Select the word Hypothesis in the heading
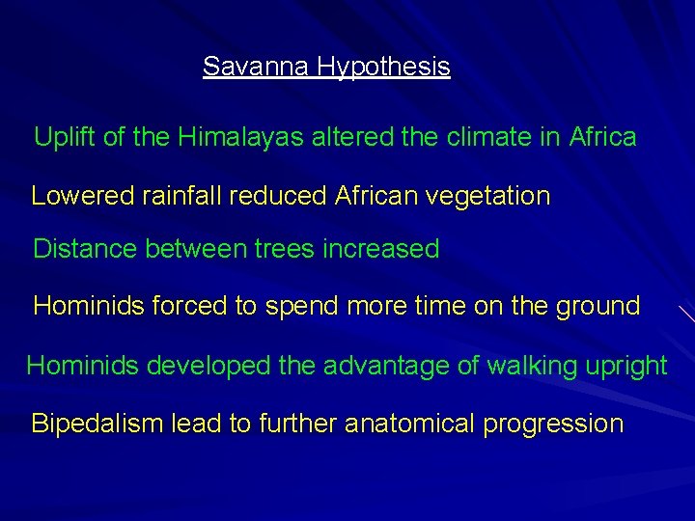coord(384,68)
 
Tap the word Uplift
coord(64,138)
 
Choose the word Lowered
coord(83,196)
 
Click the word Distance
coord(85,249)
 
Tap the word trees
coord(285,249)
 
